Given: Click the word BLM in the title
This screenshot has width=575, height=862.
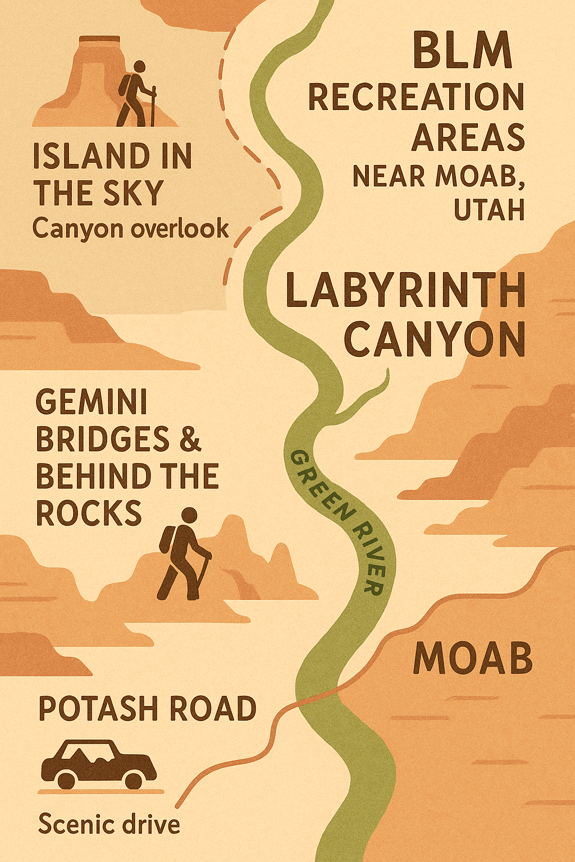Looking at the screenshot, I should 462,51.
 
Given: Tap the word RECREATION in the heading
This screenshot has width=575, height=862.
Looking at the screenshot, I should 416,97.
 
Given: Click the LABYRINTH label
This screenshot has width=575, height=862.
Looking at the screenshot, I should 405,290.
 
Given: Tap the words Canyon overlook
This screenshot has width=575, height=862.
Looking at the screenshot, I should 130,229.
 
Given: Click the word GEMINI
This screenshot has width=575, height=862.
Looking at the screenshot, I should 92,402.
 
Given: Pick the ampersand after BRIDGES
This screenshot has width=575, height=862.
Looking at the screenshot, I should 190,439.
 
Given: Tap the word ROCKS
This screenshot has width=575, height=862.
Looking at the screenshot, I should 89,512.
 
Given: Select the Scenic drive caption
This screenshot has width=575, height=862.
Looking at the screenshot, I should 109,824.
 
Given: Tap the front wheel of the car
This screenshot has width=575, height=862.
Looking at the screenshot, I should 134,780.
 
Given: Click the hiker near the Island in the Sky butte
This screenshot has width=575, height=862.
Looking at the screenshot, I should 135,94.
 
